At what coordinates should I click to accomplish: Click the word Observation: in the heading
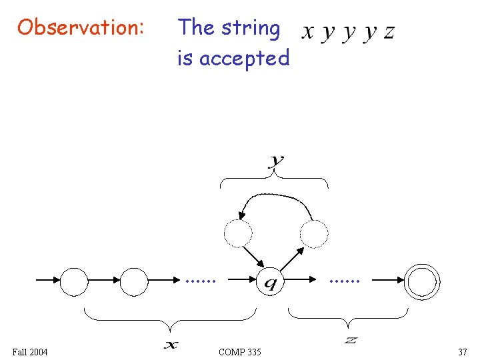pos(80,28)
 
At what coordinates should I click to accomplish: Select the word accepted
pos(244,59)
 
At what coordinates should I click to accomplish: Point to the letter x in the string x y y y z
pos(308,31)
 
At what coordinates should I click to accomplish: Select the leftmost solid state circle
pos(74,281)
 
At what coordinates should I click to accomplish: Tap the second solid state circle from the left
pos(134,281)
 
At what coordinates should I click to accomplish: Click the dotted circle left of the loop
pos(238,233)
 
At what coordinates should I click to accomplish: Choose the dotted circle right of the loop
pos(314,233)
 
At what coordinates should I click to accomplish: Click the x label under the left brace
pos(171,345)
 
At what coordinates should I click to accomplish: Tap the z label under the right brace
pos(351,341)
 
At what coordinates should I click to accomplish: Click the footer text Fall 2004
pos(30,351)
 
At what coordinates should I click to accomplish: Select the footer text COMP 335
pos(240,351)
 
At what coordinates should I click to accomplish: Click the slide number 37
pos(462,351)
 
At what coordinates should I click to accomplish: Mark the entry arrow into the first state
pos(47,281)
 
